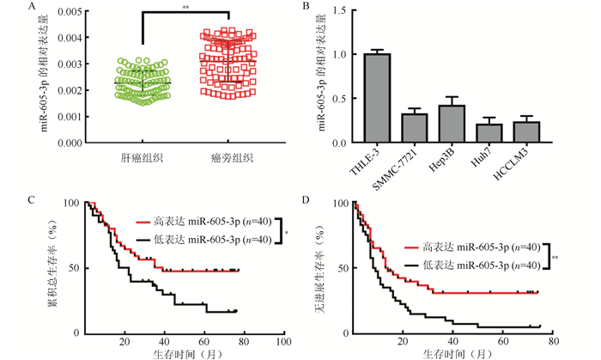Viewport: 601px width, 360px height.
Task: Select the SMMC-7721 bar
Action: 415,128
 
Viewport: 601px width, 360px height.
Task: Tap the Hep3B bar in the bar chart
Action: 452,124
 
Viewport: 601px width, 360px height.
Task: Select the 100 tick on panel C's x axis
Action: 282,342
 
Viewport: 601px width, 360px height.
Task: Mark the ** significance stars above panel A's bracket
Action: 185,6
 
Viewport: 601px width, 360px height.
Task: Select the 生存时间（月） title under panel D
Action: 455,353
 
